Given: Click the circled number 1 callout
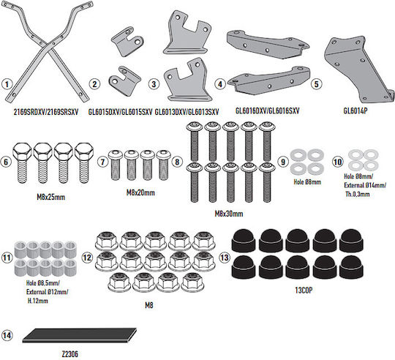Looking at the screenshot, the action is pos(7,84).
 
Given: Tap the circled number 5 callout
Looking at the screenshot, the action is pos(317,84).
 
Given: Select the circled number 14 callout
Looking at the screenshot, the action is pos(7,335).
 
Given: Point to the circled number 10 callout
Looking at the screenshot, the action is pos(337,162).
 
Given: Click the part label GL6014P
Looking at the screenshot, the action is pos(355,110).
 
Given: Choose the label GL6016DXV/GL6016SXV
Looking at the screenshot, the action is pos(267,110).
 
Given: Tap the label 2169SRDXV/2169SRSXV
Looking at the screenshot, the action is pos(46,112).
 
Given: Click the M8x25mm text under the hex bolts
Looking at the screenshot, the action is pos(51,197).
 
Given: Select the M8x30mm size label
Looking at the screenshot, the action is pos(229,214).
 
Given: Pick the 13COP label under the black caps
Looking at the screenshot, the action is pos(304,290).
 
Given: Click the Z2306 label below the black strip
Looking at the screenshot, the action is pos(69,354).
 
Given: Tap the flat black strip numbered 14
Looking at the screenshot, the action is pos(79,335).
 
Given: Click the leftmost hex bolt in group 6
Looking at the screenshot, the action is pos(22,162).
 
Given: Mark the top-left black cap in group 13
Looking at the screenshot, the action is pos(244,240).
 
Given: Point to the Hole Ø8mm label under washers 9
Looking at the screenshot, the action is pos(307,182).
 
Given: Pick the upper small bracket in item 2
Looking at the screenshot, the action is pos(127,42).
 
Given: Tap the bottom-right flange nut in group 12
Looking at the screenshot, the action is pos(192,282).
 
